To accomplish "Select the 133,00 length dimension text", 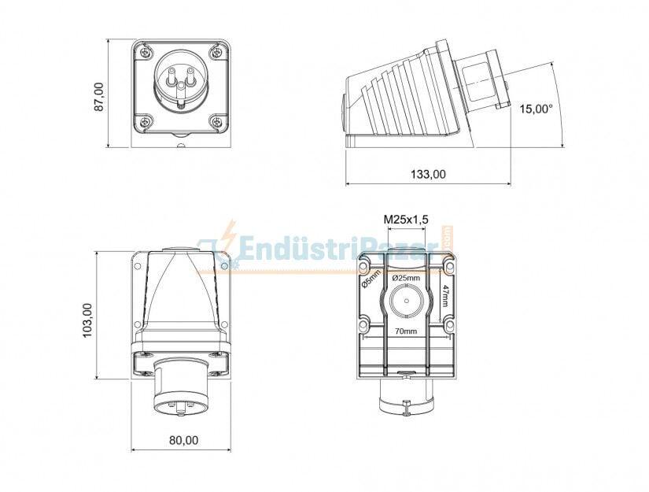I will pyautogui.click(x=428, y=175).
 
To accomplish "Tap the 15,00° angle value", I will pyautogui.click(x=536, y=109).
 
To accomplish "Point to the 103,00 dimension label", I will pyautogui.click(x=87, y=320).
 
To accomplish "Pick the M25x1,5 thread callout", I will pyautogui.click(x=405, y=219).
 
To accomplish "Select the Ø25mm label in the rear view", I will pyautogui.click(x=406, y=278).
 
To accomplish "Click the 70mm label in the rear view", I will pyautogui.click(x=406, y=331).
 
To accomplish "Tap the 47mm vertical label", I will pyautogui.click(x=445, y=299).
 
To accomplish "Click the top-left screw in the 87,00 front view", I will pyautogui.click(x=145, y=53).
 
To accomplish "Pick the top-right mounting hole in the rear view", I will pyautogui.click(x=448, y=259).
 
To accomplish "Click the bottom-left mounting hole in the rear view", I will pyautogui.click(x=363, y=324).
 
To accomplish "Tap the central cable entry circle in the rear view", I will pyautogui.click(x=406, y=303).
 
